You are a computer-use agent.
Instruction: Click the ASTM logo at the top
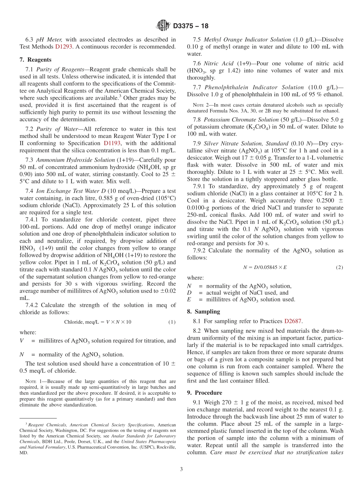[163, 26]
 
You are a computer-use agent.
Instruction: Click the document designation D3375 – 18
[191, 26]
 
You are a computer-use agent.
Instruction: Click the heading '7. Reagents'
[35, 60]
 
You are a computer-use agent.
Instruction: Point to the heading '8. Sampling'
[203, 311]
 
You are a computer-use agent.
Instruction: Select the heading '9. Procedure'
[204, 392]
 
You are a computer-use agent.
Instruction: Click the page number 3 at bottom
[181, 469]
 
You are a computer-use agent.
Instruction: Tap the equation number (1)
[172, 322]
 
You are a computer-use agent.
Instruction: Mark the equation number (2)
[339, 267]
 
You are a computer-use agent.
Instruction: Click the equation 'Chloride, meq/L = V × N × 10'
[97, 322]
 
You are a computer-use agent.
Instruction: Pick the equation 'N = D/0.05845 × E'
[265, 267]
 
